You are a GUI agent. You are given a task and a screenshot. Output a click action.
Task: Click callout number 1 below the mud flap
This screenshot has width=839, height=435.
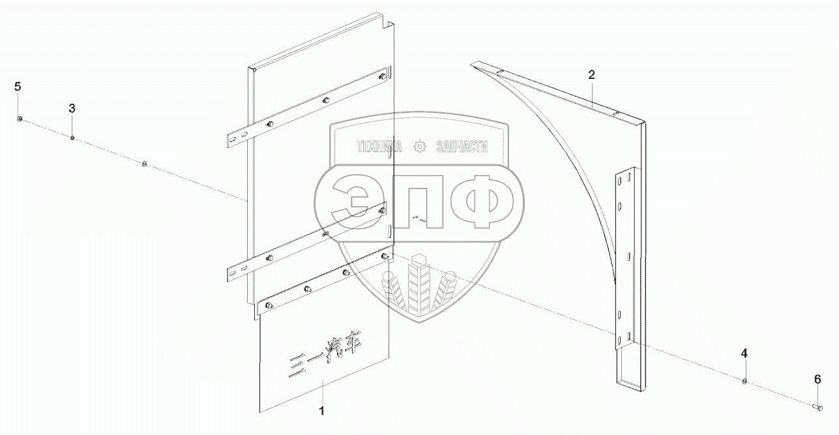click(x=321, y=411)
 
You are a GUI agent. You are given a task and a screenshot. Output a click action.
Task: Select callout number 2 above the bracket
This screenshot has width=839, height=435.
click(x=591, y=75)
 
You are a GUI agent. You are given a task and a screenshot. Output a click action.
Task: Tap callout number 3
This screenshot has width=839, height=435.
click(x=72, y=108)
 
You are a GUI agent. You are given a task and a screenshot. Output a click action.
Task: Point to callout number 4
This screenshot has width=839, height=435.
click(x=744, y=353)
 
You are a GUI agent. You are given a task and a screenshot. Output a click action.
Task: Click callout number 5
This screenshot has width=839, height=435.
click(x=18, y=87)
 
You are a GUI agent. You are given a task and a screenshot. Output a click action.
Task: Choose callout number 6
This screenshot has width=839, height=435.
click(x=817, y=379)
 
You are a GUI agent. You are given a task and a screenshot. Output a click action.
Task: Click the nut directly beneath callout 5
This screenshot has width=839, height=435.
click(x=20, y=118)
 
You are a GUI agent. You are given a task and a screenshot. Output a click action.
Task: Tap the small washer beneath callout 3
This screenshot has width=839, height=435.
click(x=72, y=138)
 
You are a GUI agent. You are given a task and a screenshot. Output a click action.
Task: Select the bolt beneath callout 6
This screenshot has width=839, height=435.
click(x=819, y=408)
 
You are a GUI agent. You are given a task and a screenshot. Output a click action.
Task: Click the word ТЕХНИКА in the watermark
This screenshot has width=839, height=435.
click(x=379, y=147)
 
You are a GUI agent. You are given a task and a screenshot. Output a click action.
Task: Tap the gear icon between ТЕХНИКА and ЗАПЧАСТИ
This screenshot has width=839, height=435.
click(x=419, y=147)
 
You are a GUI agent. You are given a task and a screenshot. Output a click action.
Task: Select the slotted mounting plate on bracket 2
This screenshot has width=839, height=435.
click(x=625, y=261)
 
